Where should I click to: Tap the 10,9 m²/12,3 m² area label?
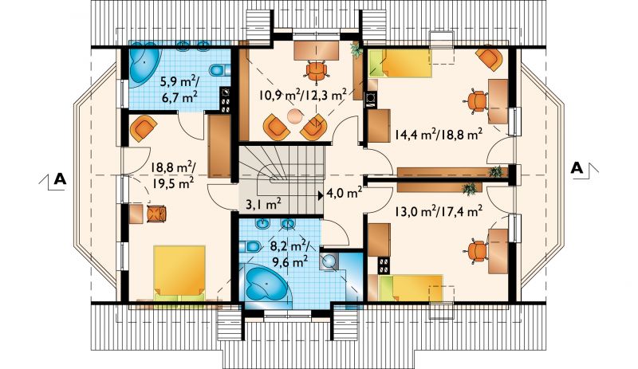pyautogui.click(x=303, y=95)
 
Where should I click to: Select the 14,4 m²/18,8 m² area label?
pyautogui.click(x=438, y=133)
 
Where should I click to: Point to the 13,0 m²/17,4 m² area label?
pyautogui.click(x=439, y=211)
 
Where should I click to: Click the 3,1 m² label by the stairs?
pyautogui.click(x=264, y=203)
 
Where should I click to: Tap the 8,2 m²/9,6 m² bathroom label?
pyautogui.click(x=289, y=253)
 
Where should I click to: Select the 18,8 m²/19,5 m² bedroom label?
pyautogui.click(x=172, y=175)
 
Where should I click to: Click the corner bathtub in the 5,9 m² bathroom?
pyautogui.click(x=144, y=65)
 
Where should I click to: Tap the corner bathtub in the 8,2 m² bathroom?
pyautogui.click(x=266, y=284)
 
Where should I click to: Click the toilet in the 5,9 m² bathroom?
pyautogui.click(x=218, y=70)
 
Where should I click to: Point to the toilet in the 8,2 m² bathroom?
pyautogui.click(x=250, y=246)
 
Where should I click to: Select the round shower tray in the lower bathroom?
pyautogui.click(x=329, y=261)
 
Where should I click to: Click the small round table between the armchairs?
pyautogui.click(x=294, y=116)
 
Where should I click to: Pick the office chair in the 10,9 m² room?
pyautogui.click(x=317, y=71)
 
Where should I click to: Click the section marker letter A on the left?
pyautogui.click(x=61, y=179)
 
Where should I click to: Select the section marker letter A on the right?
pyautogui.click(x=577, y=167)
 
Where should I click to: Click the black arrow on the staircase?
pyautogui.click(x=321, y=194)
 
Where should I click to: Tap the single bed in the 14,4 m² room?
pyautogui.click(x=400, y=63)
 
